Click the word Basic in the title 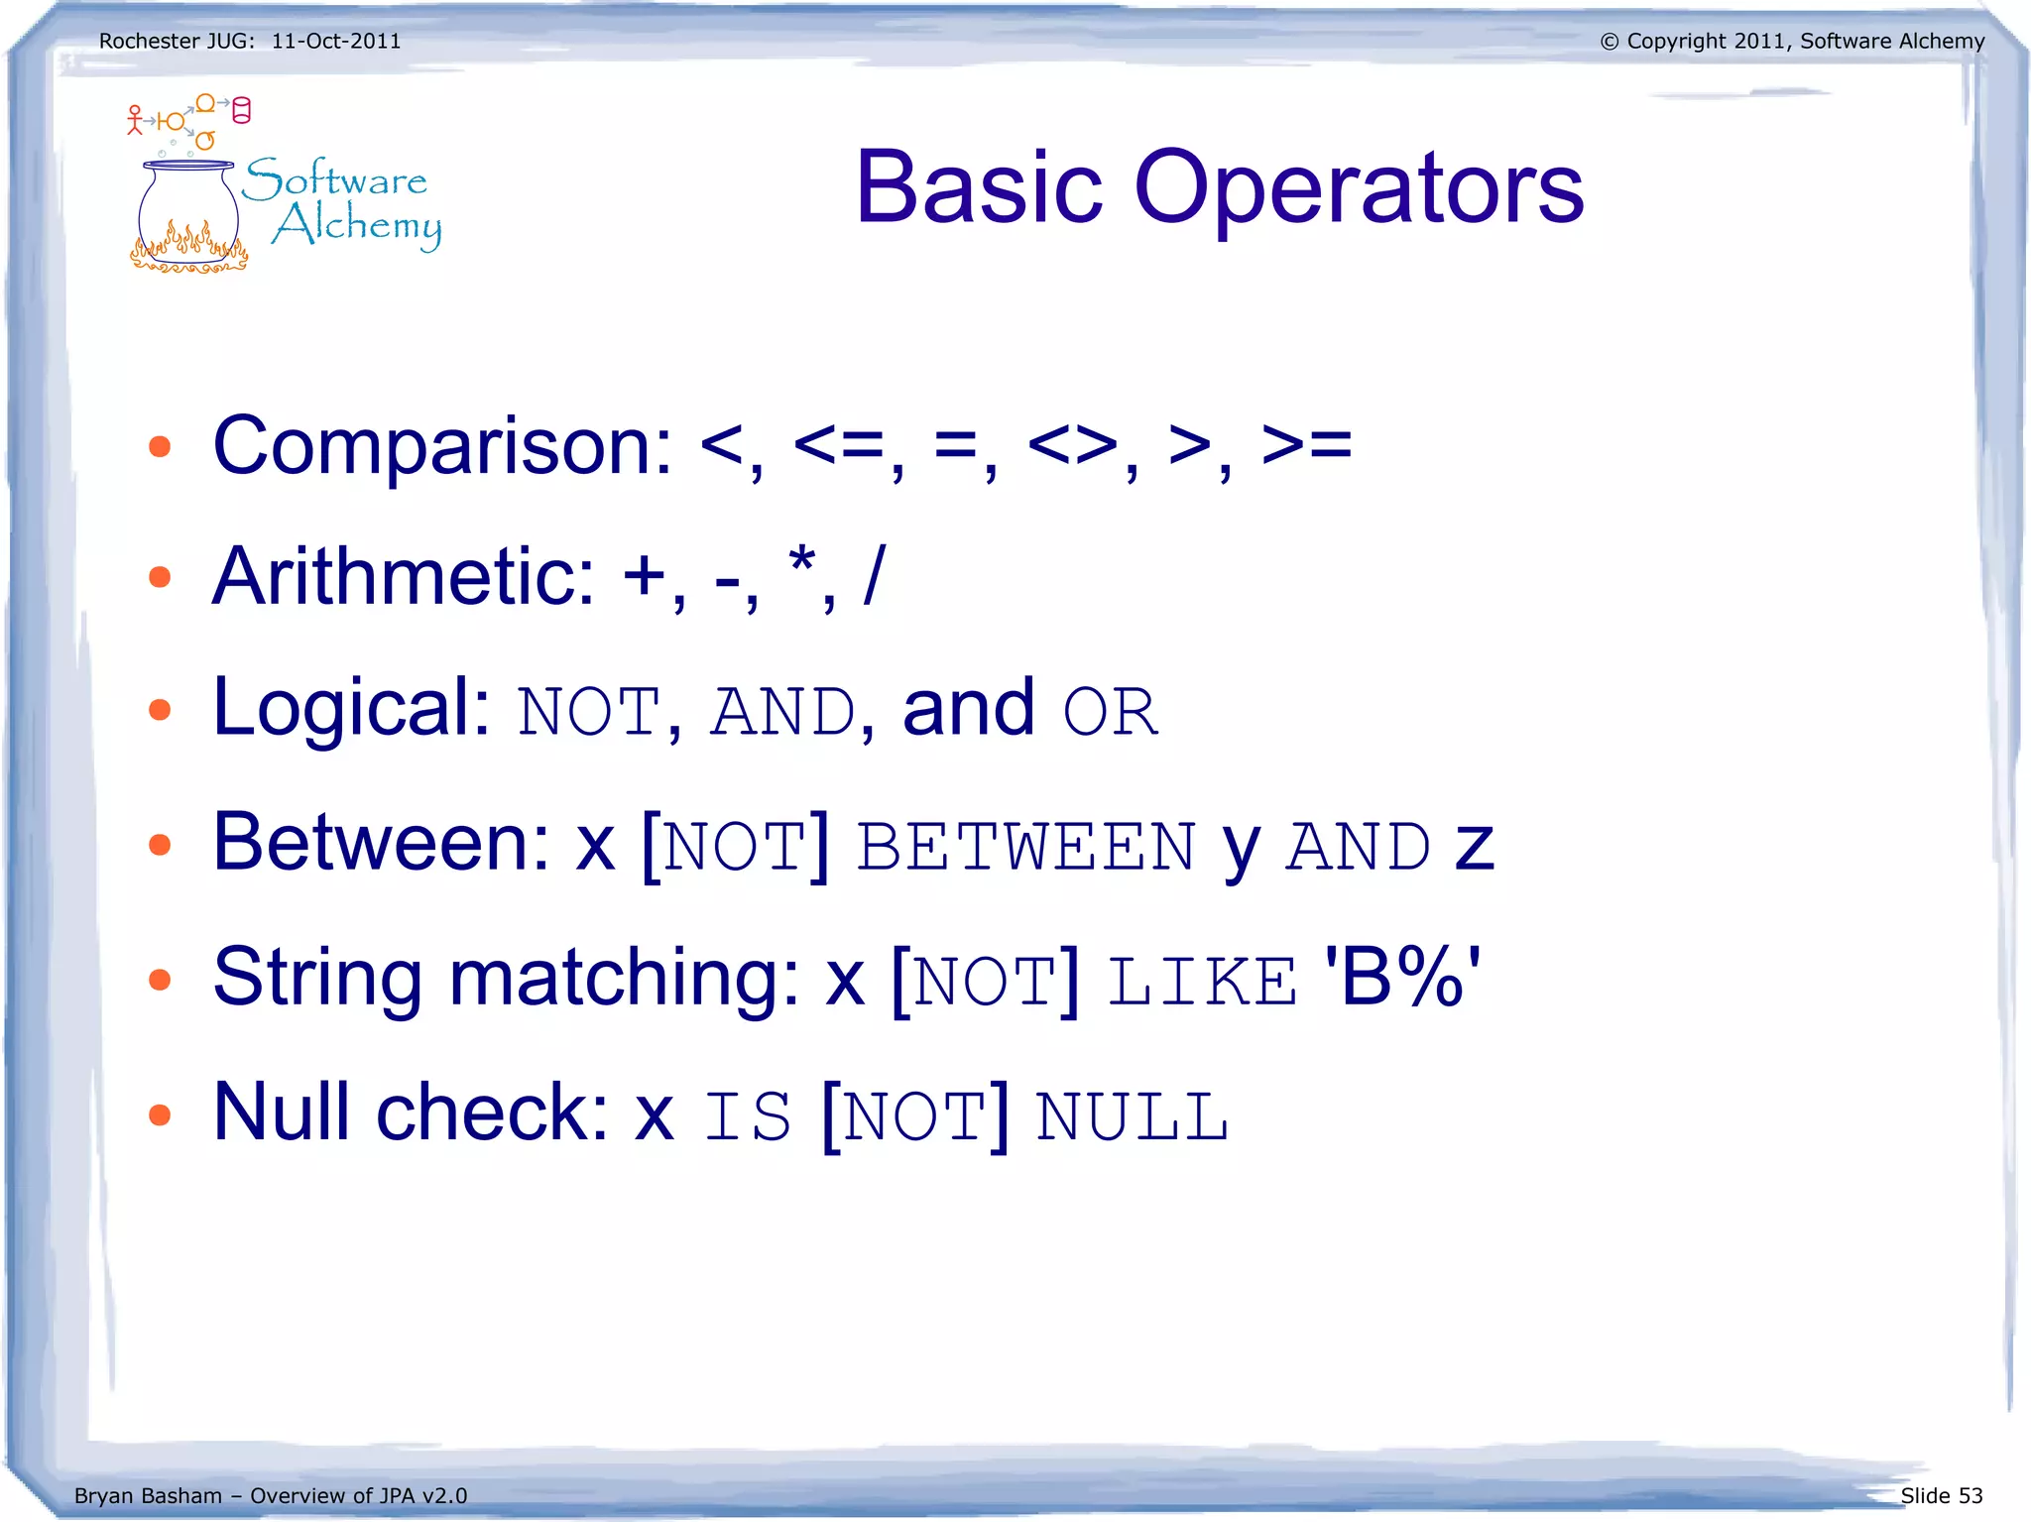click(x=979, y=187)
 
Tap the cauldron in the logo click(x=188, y=218)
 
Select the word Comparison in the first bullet click(x=442, y=447)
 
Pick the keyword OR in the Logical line click(x=1110, y=712)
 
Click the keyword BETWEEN click(x=1026, y=847)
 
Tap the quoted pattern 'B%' click(x=1402, y=978)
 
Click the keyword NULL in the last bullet click(x=1132, y=1116)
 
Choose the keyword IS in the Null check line click(x=748, y=1116)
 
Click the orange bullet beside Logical click(x=160, y=710)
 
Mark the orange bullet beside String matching click(x=160, y=980)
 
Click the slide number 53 click(x=1970, y=1495)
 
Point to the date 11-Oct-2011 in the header click(x=336, y=42)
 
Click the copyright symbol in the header click(x=1609, y=42)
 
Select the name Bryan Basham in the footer click(x=148, y=1495)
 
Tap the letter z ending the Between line click(x=1474, y=849)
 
